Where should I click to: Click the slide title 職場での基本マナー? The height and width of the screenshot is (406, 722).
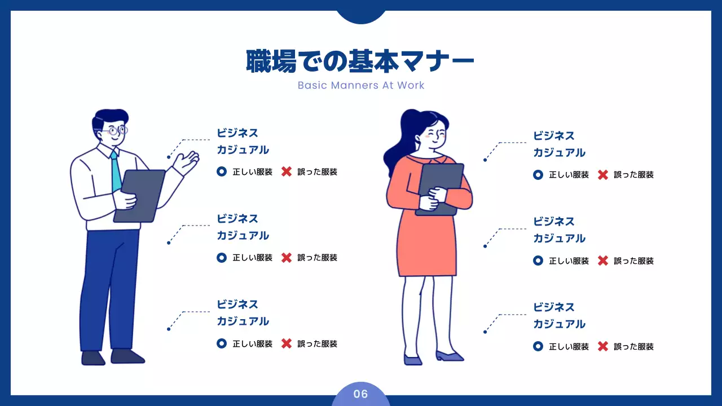click(360, 61)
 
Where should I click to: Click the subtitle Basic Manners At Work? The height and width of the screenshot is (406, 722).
click(361, 86)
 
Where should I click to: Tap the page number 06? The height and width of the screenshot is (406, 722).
click(360, 394)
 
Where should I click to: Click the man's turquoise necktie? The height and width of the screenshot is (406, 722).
click(116, 171)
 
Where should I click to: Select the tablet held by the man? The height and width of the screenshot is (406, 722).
click(139, 195)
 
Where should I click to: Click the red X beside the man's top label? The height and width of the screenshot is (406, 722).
click(287, 171)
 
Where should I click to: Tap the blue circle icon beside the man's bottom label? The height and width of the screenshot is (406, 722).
click(222, 343)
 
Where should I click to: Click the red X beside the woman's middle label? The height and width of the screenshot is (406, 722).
click(603, 261)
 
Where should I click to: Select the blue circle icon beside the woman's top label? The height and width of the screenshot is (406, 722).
click(538, 175)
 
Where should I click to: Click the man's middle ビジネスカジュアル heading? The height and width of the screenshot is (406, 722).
click(243, 227)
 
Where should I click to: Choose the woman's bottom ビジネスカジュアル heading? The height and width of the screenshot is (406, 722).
click(559, 315)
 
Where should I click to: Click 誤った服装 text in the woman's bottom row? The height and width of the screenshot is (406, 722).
click(633, 347)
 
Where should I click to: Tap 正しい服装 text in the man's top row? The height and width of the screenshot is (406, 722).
click(252, 172)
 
